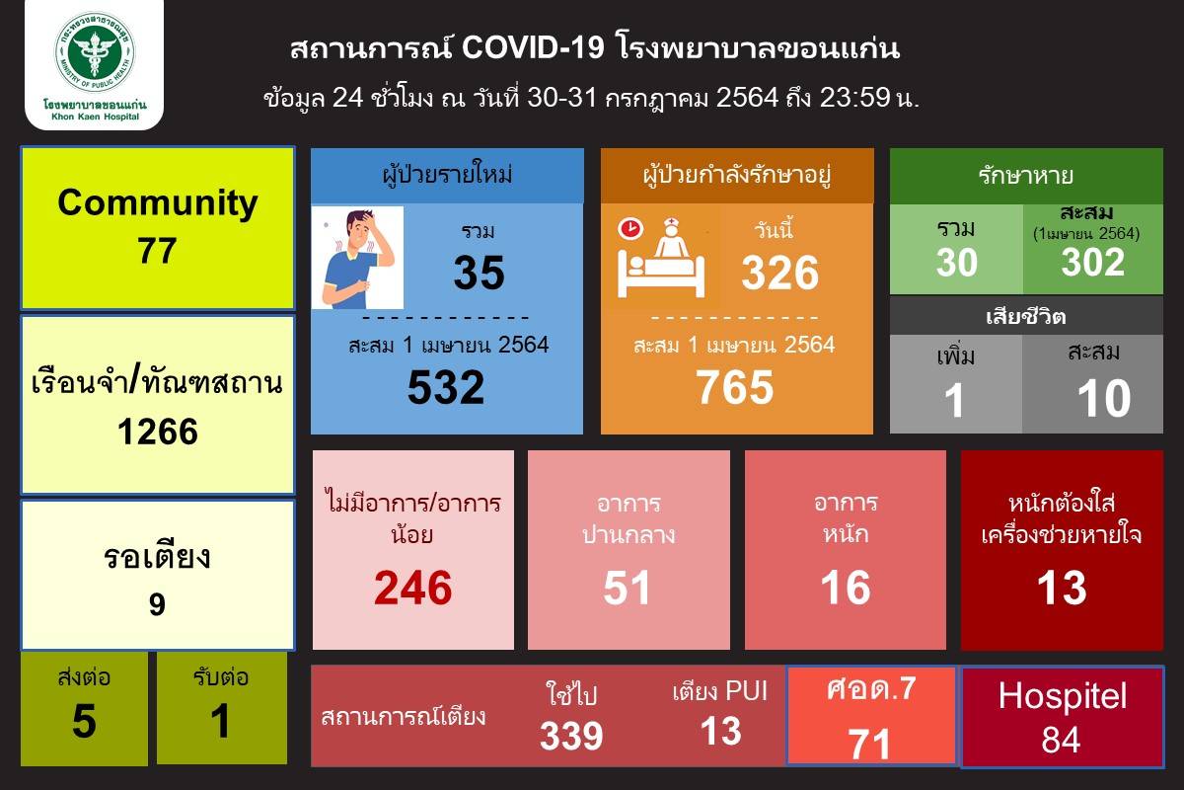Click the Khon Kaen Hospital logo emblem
[x=95, y=52]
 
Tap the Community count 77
[x=157, y=250]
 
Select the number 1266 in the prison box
[x=158, y=432]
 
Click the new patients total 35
[x=479, y=273]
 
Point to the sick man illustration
[x=357, y=258]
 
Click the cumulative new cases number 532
[x=446, y=387]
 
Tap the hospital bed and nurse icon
[x=661, y=258]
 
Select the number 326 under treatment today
[x=780, y=273]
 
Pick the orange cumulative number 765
[x=735, y=387]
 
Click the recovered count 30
[x=957, y=263]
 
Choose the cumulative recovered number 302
[x=1092, y=263]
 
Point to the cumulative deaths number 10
[x=1104, y=398]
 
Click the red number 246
[x=412, y=588]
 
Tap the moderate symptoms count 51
[x=627, y=588]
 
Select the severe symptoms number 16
[x=846, y=588]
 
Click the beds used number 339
[x=571, y=736]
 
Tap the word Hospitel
[x=1063, y=695]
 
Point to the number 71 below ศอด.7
[x=869, y=744]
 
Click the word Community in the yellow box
[x=158, y=204]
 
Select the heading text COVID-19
[x=533, y=47]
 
